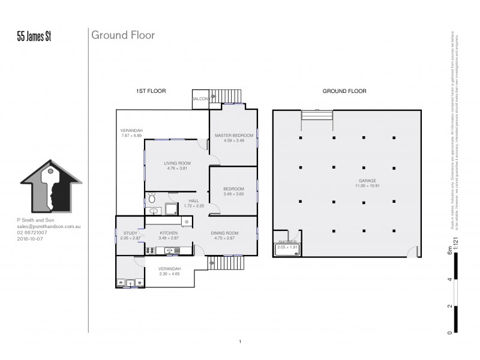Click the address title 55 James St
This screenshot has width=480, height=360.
35,37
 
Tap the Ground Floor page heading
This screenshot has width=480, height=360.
123,35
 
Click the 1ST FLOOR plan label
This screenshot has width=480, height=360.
151,91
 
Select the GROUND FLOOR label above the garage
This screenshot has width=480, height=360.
344,91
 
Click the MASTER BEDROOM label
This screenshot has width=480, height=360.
234,136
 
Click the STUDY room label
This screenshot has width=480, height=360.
130,233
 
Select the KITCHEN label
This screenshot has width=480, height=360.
168,233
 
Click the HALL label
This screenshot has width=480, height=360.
193,200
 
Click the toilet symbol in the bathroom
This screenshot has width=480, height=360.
152,198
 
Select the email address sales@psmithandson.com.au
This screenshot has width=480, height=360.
49,227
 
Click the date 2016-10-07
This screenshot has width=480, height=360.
31,239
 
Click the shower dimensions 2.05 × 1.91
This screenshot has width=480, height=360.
287,247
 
